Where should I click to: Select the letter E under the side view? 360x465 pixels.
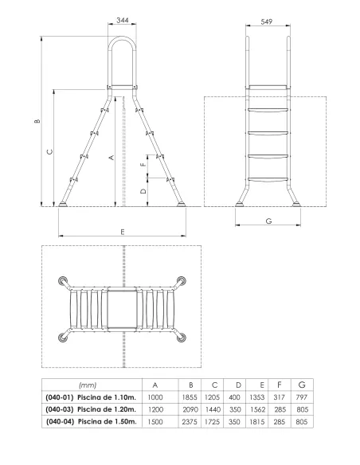(x=122, y=231)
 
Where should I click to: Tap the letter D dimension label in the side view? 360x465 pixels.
(x=143, y=192)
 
